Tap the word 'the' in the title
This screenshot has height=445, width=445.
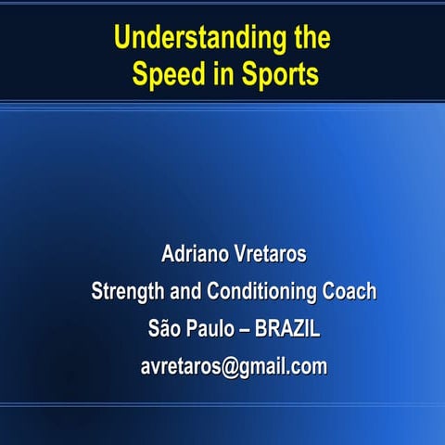click(305, 40)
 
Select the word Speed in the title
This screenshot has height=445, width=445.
click(169, 75)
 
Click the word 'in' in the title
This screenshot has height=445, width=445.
click(223, 75)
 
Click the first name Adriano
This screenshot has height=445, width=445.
click(195, 254)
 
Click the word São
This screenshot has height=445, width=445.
click(164, 328)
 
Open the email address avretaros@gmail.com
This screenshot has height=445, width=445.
click(234, 366)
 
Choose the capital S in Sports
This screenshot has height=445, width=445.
click(249, 75)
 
